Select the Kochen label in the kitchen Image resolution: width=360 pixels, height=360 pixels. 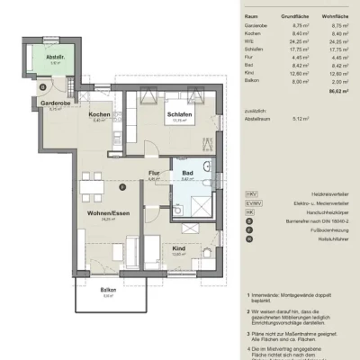point(100,115)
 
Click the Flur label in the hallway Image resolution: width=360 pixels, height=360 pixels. point(154,173)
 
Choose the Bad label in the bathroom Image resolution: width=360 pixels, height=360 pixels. point(188,173)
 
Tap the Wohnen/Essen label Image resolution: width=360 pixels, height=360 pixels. point(107,212)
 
